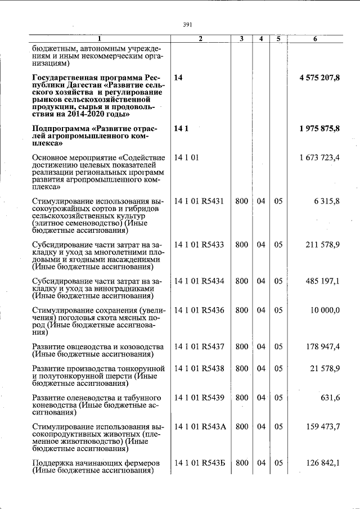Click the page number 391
click(188, 25)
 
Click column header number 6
click(315, 39)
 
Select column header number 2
click(200, 39)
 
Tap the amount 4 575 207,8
click(319, 78)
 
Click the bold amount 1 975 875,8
click(319, 129)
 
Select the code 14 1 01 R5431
click(199, 201)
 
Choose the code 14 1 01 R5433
click(199, 245)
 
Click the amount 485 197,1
click(323, 281)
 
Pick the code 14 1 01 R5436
click(199, 310)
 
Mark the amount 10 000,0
click(325, 310)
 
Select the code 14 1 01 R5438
click(199, 368)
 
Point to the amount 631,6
click(330, 398)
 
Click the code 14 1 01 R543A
click(200, 427)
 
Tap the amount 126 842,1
click(323, 463)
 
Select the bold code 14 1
click(181, 129)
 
